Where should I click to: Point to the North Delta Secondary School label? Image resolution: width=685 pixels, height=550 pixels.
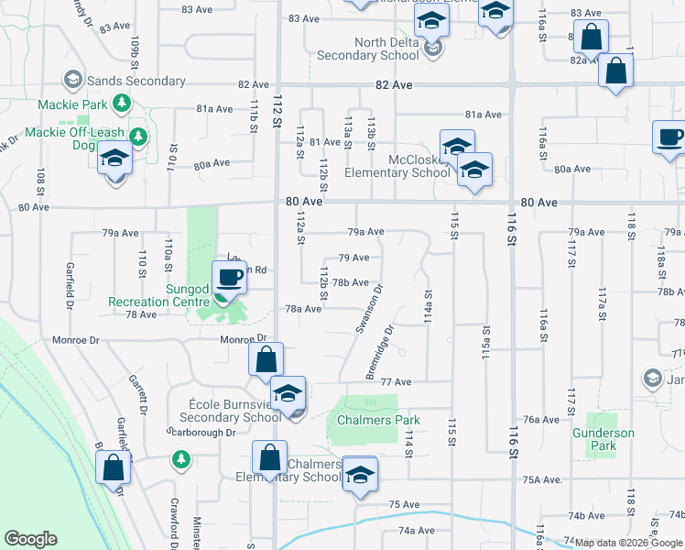tap(367, 49)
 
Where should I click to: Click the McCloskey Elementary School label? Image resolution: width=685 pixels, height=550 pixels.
tap(397, 165)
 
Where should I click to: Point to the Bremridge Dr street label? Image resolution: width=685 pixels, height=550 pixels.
tap(379, 351)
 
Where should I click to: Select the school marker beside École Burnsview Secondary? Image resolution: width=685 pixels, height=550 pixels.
tap(288, 395)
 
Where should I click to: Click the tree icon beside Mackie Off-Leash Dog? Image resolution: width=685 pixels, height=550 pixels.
tap(138, 137)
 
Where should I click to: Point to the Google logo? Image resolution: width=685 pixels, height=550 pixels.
tap(30, 539)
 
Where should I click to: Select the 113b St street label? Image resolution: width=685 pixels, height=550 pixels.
tap(371, 134)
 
